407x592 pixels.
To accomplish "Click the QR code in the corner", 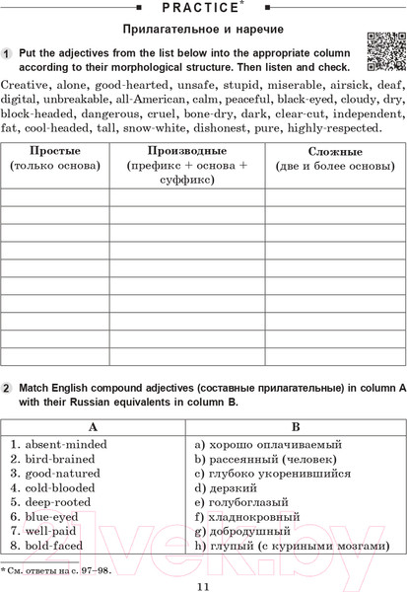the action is pos(383,51).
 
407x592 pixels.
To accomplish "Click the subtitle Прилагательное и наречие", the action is pos(203,30).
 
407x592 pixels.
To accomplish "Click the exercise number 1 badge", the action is pos(7,51).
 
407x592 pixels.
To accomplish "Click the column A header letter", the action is pos(94,427).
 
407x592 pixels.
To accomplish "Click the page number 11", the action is pos(203,584).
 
